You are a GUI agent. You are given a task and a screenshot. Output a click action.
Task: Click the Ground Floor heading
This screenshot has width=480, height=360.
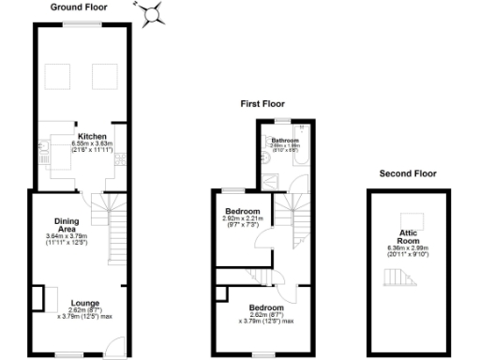[79, 7]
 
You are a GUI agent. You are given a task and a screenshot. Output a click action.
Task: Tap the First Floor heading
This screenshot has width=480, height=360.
[263, 104]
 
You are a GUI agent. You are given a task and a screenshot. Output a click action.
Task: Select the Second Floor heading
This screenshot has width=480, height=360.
[408, 173]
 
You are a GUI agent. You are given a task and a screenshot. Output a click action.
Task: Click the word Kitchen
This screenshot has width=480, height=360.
[91, 136]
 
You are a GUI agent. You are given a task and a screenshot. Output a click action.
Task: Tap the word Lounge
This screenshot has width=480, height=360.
[83, 303]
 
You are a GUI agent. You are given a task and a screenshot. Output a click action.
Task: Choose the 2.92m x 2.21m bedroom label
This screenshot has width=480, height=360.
[241, 214]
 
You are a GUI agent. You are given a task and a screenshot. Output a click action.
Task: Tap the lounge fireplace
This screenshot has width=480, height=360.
[38, 299]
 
